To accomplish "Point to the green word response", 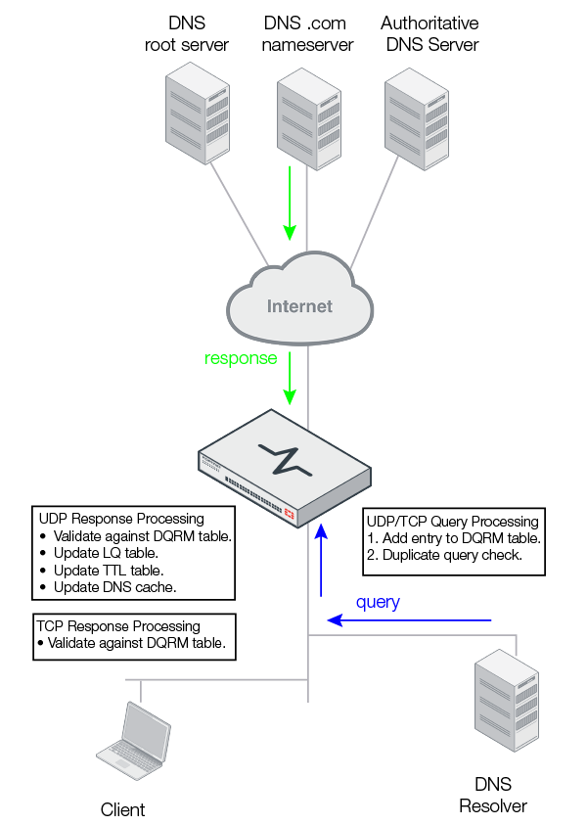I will click(x=241, y=358).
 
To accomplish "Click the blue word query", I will click(x=378, y=602).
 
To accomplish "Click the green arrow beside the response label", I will click(x=290, y=378).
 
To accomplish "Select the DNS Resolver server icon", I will click(x=505, y=706).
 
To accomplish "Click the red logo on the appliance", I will click(x=290, y=513).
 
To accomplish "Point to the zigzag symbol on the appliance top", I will click(x=286, y=458).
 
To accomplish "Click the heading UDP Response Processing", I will click(x=121, y=519).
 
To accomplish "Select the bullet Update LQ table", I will click(x=108, y=553).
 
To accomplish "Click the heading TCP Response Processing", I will click(x=118, y=625).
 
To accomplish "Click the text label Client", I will click(x=122, y=809).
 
